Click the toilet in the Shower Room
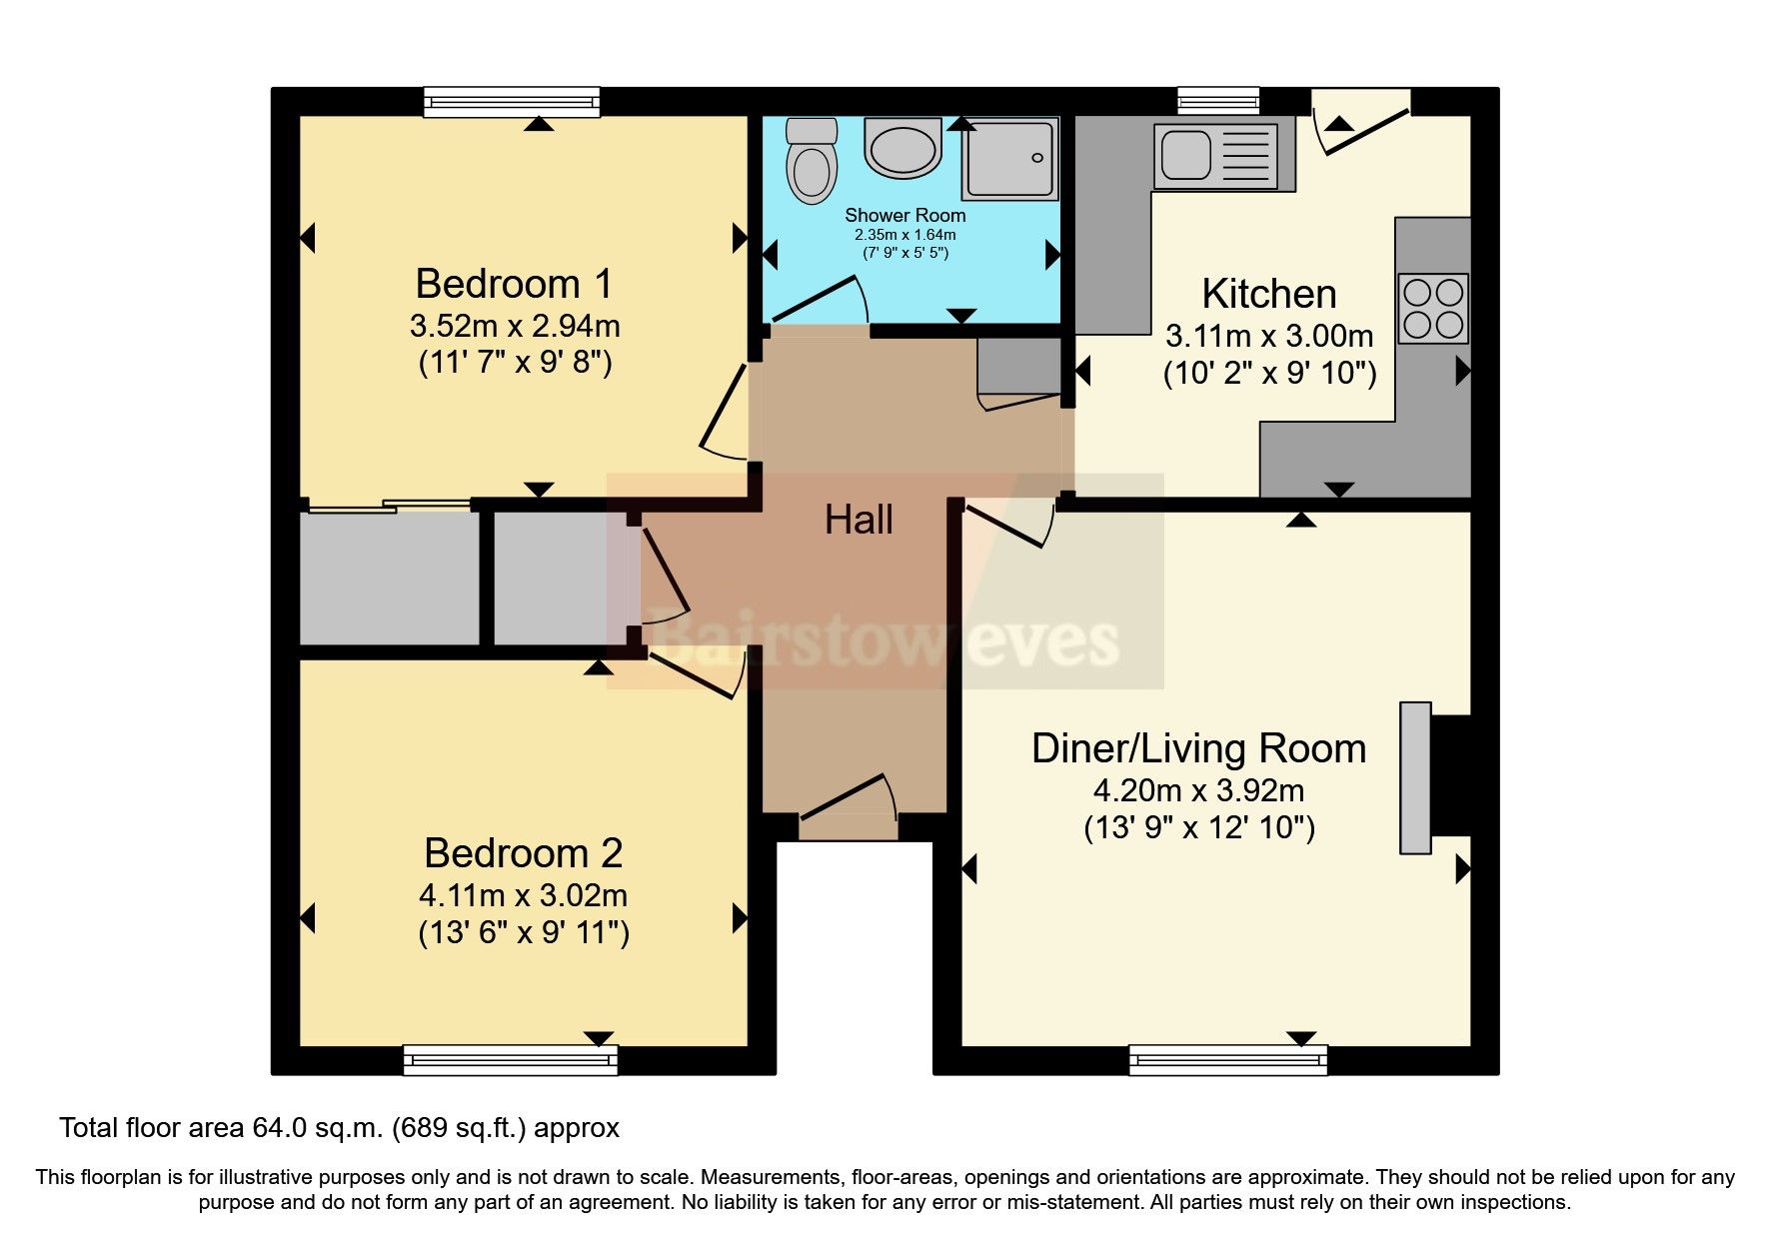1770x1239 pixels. pos(811,162)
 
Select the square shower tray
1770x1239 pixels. pos(1008,158)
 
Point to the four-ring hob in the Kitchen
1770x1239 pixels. pos(1433,309)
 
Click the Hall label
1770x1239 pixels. pos(859,521)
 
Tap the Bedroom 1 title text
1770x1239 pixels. pos(514,285)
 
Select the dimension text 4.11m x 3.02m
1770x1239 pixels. pos(523,895)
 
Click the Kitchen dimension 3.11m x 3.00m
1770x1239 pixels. pos(1269,336)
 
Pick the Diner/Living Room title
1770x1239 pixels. pos(1198,749)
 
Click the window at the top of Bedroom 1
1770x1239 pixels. pos(511,102)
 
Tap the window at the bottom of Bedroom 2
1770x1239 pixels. pos(510,1060)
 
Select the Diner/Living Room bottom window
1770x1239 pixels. pos(1228,1060)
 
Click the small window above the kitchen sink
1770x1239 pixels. pos(1217,101)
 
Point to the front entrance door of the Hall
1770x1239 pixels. pos(849,805)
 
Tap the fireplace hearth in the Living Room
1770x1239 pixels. pos(1415,777)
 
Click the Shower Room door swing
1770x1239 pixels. pos(820,302)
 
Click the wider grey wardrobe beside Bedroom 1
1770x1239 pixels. pos(390,578)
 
